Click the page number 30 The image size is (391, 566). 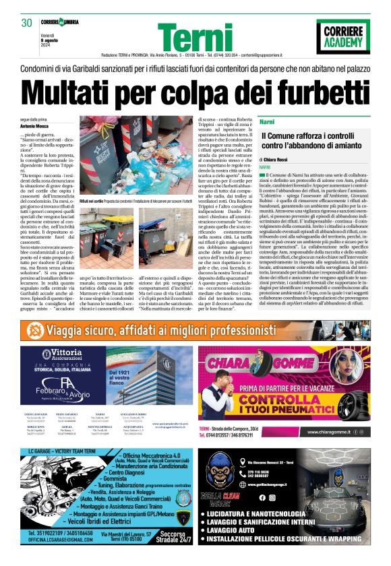pos(27,23)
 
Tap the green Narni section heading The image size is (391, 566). pos(266,121)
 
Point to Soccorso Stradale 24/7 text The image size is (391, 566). pos(168,537)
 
